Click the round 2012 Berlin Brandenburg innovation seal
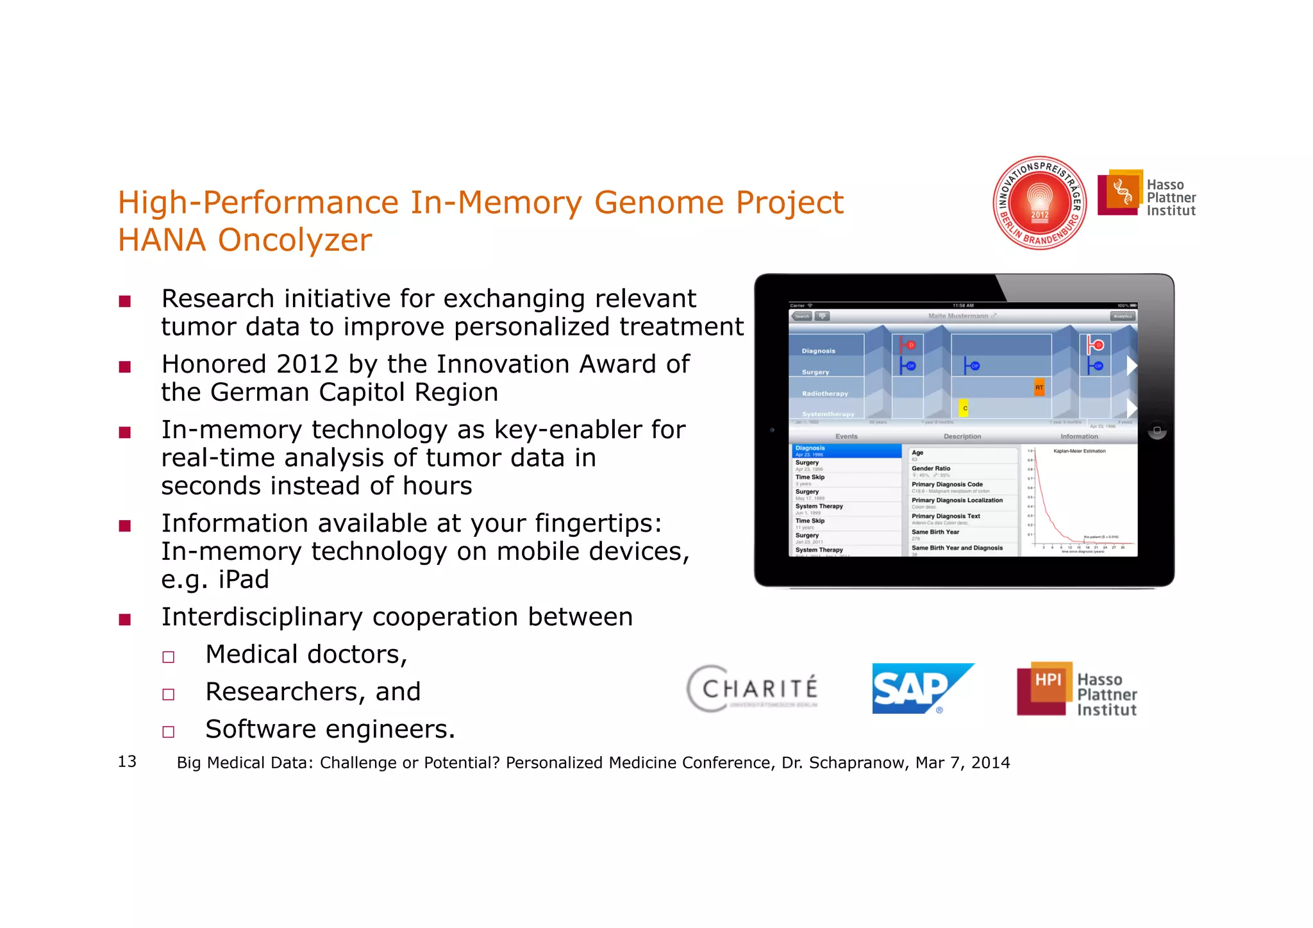tap(1039, 203)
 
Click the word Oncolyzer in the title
tap(294, 240)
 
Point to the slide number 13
tap(127, 761)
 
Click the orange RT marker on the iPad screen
tap(1039, 387)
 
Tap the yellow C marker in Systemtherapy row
tap(964, 408)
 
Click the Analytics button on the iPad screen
tap(1122, 316)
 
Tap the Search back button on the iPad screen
tap(801, 316)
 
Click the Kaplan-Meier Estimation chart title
tap(1079, 451)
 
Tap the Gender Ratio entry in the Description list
tap(931, 469)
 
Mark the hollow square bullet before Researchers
tap(169, 695)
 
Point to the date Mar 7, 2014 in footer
tap(962, 763)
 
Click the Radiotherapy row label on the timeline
tap(824, 394)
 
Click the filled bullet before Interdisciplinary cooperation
tap(125, 620)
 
